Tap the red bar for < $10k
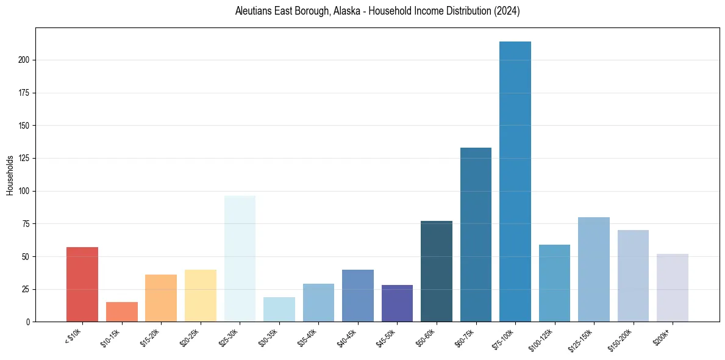point(82,284)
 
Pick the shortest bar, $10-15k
point(122,312)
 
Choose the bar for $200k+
point(673,287)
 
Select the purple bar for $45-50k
point(397,303)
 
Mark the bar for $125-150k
point(594,269)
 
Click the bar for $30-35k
point(279,309)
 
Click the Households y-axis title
point(10,175)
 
